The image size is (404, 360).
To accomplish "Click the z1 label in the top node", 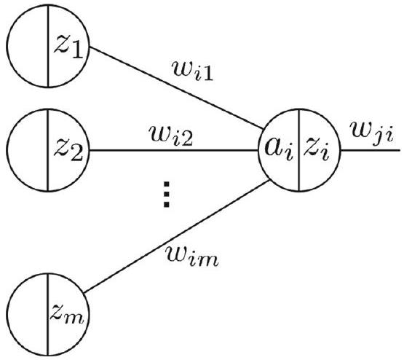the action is click(x=68, y=47).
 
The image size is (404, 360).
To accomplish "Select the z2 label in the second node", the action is click(x=68, y=151).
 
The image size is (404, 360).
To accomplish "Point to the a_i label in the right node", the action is click(x=279, y=150).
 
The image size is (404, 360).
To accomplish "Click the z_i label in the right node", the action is click(x=317, y=150).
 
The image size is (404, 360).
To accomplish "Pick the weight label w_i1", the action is click(x=193, y=70).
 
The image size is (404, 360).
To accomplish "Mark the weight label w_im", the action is click(x=192, y=255).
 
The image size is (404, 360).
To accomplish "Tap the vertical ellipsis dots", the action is click(x=167, y=194).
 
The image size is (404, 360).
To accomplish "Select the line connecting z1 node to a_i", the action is click(x=176, y=88).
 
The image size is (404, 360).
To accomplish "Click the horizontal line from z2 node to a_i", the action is click(x=174, y=150).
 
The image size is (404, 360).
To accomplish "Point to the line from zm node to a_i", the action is click(x=177, y=236).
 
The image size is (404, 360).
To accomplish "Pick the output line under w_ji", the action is click(x=371, y=150).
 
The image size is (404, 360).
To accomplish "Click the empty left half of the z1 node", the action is click(x=27, y=46).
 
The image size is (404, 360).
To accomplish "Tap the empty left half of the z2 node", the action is click(x=27, y=150).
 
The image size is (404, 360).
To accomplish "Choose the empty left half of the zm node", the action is click(x=27, y=315).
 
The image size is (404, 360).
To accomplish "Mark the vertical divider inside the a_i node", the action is click(x=299, y=150).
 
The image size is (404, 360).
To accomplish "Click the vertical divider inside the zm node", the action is click(x=47, y=315).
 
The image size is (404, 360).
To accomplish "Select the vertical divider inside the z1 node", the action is click(x=47, y=46).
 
